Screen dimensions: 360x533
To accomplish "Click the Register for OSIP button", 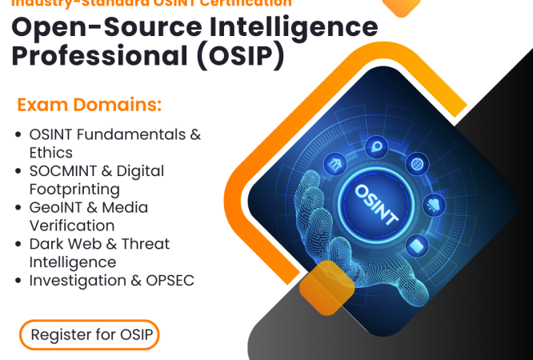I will (90, 334).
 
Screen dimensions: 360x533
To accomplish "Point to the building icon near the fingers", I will (334, 165).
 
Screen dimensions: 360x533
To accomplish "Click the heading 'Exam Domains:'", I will (89, 106).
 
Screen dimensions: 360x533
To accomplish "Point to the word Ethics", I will (50, 152).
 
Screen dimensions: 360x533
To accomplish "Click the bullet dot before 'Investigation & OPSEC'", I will (18, 281).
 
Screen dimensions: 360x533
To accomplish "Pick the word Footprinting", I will (74, 189).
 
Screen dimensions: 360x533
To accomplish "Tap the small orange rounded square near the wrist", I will (327, 286).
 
